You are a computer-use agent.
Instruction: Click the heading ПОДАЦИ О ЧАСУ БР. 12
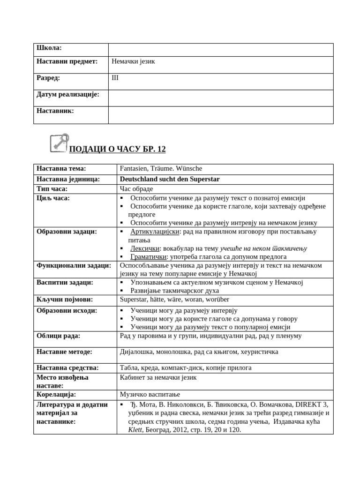[117, 149]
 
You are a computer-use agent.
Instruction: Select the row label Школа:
[49, 48]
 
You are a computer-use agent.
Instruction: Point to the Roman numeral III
[115, 78]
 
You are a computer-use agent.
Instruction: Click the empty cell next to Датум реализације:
[220, 97]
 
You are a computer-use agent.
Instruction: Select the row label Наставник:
[55, 111]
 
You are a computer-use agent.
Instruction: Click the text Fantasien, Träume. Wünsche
[161, 169]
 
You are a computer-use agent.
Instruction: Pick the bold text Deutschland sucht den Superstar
[170, 179]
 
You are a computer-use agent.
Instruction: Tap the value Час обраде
[136, 188]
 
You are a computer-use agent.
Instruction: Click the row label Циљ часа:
[53, 198]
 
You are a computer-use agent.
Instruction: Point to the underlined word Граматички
[149, 256]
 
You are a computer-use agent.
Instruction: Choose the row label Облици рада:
[59, 336]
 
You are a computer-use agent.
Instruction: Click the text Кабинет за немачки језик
[158, 377]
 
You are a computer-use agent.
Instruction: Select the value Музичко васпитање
[150, 394]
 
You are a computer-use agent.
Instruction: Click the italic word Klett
[135, 429]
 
